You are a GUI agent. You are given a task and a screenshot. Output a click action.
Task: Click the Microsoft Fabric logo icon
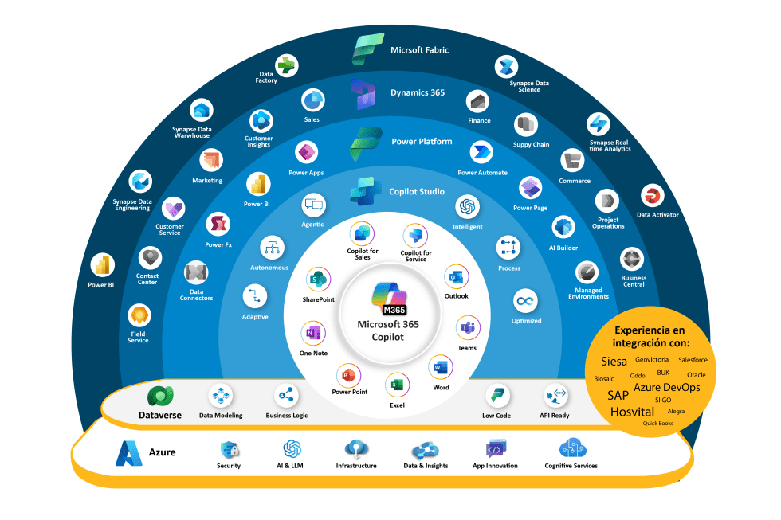click(x=368, y=49)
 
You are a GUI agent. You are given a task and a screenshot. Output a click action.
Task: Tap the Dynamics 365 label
click(x=418, y=92)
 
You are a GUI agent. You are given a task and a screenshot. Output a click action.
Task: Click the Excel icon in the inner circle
click(x=397, y=386)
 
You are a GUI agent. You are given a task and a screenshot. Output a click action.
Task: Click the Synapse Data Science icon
click(x=506, y=67)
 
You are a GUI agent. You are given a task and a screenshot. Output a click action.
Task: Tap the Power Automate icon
click(x=481, y=152)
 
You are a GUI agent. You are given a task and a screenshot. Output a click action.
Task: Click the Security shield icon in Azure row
click(x=229, y=449)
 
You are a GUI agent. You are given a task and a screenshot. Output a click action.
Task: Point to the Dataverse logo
click(x=160, y=396)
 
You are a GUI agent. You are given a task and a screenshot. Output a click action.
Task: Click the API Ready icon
click(x=554, y=396)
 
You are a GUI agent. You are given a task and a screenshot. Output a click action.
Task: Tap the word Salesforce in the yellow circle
click(x=693, y=360)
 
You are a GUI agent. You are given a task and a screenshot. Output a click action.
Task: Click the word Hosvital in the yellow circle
click(x=632, y=412)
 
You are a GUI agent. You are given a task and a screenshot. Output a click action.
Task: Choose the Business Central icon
click(x=633, y=259)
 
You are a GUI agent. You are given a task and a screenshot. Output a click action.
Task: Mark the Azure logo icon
click(x=128, y=452)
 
